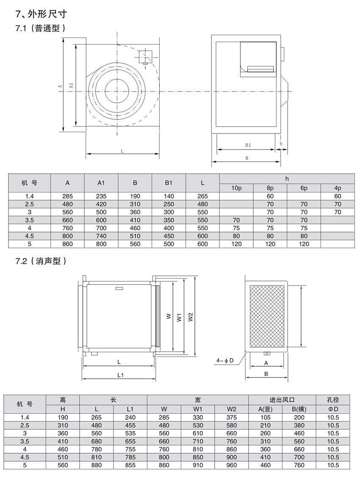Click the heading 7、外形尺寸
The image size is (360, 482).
(41, 14)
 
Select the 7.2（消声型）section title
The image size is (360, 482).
(41, 261)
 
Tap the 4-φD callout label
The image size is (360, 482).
(225, 361)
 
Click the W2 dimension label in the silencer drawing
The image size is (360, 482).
(191, 317)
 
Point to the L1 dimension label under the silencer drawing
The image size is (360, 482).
(120, 375)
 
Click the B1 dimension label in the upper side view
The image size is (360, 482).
(248, 145)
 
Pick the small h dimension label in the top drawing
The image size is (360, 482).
(281, 144)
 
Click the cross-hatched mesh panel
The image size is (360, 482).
(267, 316)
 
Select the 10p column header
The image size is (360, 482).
(236, 188)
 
